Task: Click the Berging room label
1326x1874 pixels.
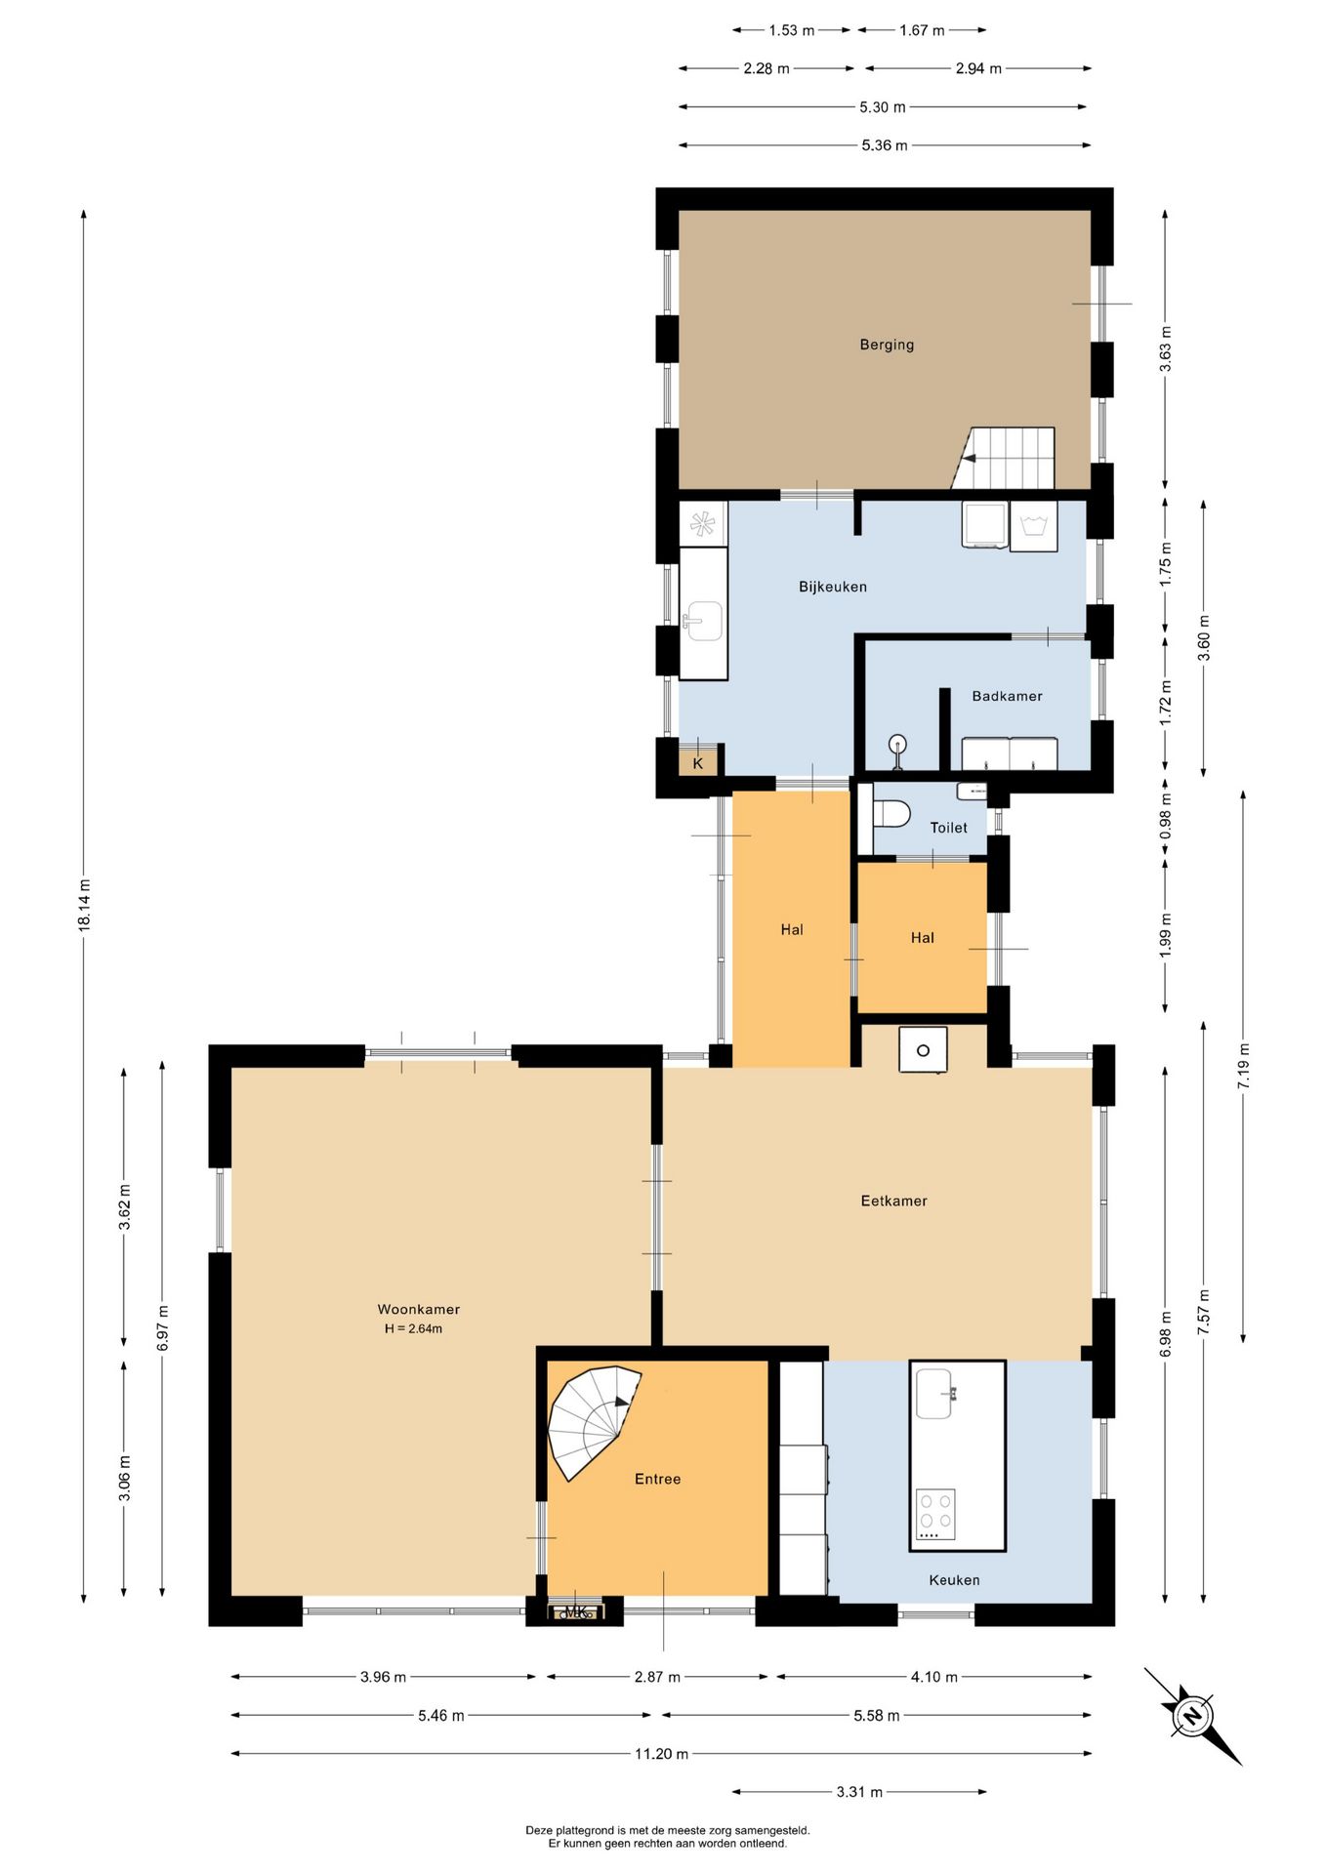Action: [887, 345]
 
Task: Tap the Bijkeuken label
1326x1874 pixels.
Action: [833, 587]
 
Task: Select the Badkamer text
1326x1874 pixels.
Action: [1007, 696]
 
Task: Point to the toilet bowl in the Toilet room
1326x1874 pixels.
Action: [891, 813]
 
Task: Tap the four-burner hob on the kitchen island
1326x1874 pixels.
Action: [935, 1515]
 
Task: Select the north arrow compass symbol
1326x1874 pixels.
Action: [1192, 1716]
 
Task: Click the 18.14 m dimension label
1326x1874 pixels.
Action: [85, 906]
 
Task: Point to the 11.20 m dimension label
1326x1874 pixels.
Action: [661, 1754]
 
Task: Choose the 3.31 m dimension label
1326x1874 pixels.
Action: [859, 1792]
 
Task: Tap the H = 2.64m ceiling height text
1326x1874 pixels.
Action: [413, 1328]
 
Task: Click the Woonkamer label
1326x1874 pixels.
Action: [419, 1310]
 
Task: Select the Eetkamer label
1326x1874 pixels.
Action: [893, 1202]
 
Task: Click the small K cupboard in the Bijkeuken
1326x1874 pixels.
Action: [698, 762]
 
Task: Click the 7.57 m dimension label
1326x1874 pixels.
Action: [1203, 1312]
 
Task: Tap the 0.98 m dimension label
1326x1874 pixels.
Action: [1165, 816]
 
